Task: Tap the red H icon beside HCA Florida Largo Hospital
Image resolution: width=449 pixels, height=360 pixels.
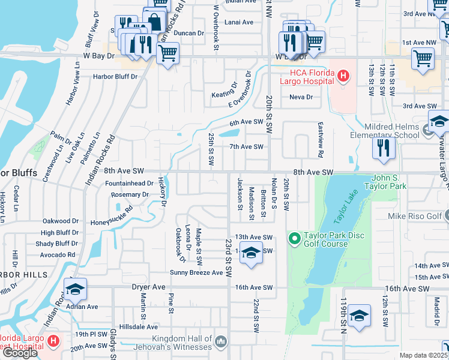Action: (343, 76)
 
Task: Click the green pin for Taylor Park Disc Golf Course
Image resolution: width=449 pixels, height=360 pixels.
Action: (294, 239)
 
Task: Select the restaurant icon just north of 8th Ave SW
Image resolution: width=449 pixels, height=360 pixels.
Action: (384, 148)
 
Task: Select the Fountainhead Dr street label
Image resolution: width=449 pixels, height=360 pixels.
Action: (129, 183)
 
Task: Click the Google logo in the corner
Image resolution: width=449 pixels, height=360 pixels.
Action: (19, 353)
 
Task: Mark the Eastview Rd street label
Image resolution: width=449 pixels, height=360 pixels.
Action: (321, 145)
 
